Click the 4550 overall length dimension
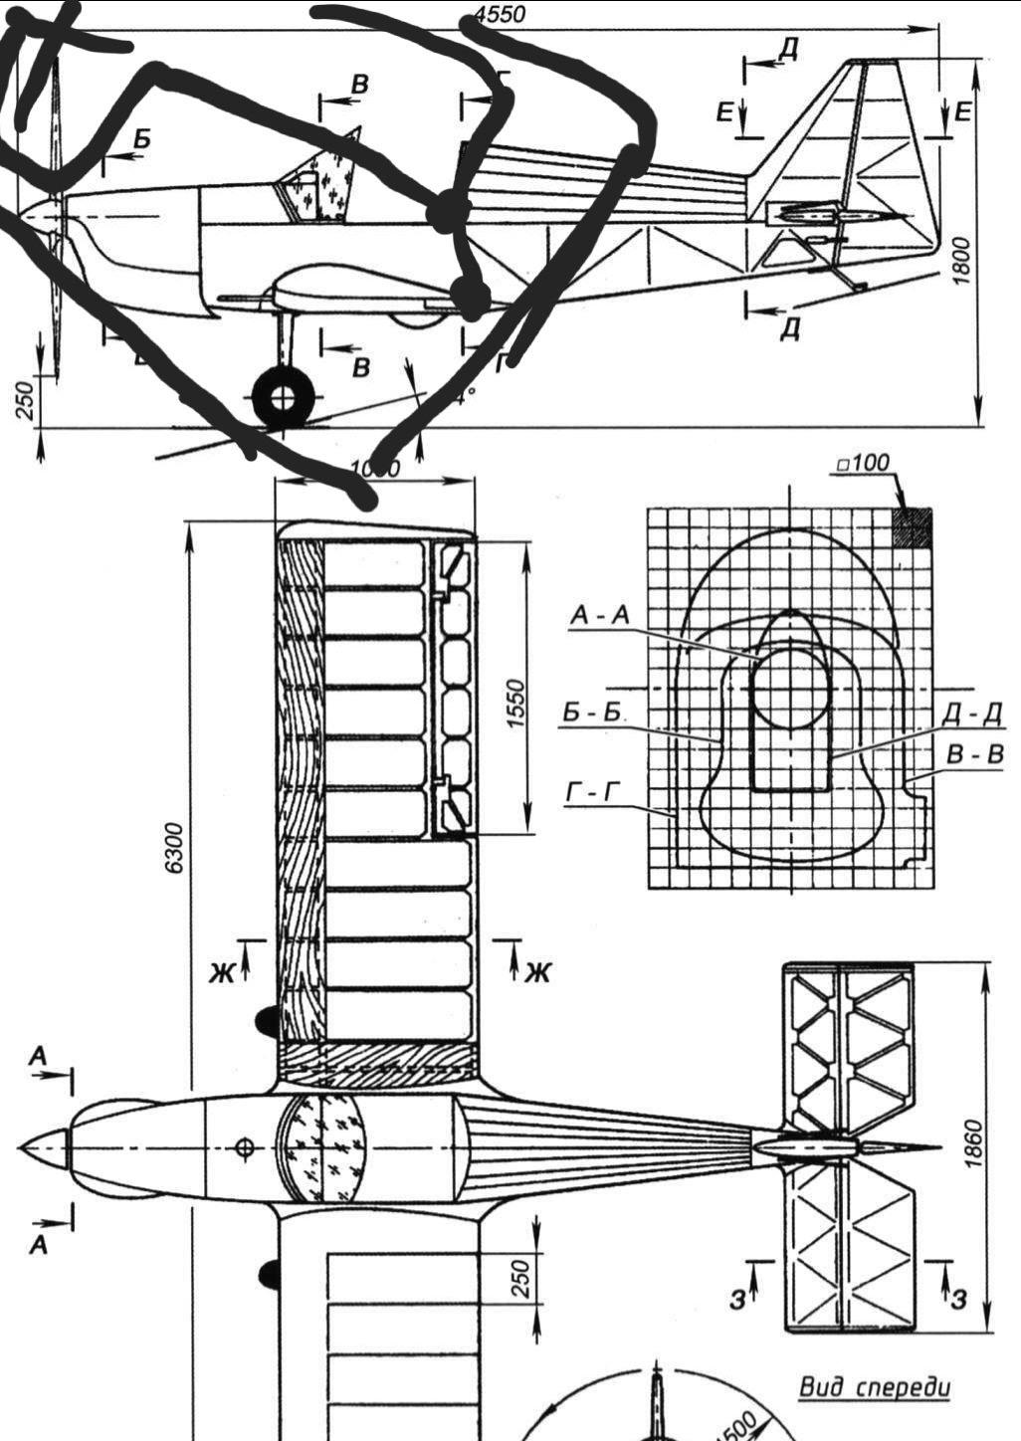pos(501,14)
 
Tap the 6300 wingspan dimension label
pos(175,847)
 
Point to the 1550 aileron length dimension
pos(513,704)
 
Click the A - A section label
pos(600,617)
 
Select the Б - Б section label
pos(586,713)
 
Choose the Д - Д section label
pos(971,715)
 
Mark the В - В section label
pos(975,755)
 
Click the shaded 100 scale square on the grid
pos(913,527)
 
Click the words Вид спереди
pos(875,1386)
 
